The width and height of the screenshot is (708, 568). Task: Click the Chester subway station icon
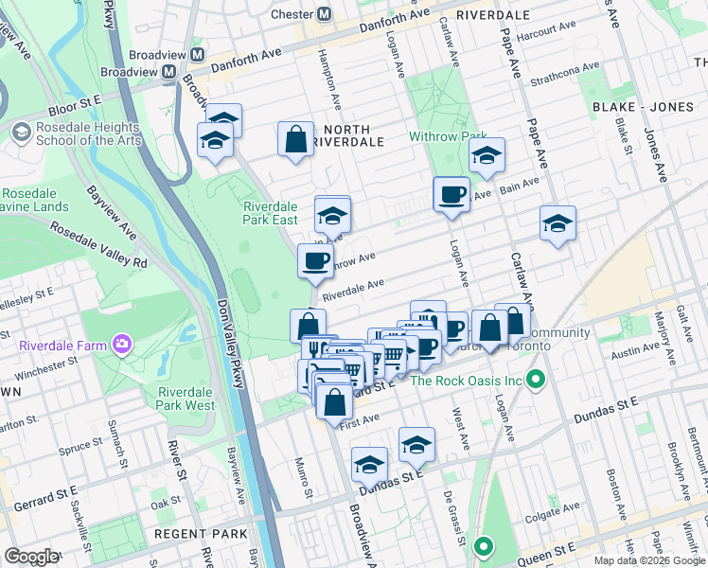[x=325, y=14]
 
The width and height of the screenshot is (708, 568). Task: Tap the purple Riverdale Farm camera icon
[x=120, y=344]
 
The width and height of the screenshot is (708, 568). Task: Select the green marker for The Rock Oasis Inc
[x=536, y=381]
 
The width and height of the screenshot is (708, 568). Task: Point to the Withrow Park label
[x=447, y=136]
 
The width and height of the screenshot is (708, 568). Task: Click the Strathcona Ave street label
[x=566, y=74]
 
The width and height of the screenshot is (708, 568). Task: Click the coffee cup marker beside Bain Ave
[x=451, y=193]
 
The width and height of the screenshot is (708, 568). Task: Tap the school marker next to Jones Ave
[x=558, y=223]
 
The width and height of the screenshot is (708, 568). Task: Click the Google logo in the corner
[x=31, y=557]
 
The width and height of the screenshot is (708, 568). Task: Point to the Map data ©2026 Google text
[x=648, y=559]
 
